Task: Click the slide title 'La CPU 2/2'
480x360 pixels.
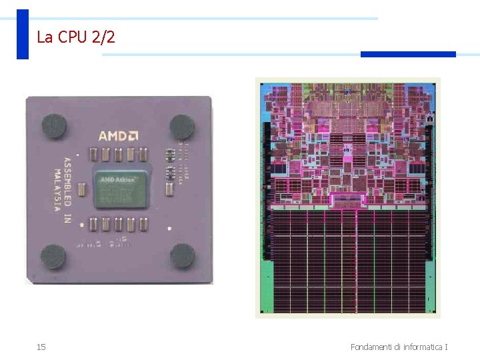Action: coord(76,37)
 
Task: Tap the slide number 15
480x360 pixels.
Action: coord(41,347)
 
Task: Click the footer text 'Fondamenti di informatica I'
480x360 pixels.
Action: coord(399,347)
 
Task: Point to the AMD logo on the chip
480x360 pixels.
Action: coord(118,136)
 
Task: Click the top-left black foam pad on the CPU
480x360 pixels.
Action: coord(54,125)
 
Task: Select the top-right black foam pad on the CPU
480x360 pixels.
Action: coord(181,126)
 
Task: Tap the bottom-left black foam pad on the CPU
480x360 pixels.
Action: coord(53,257)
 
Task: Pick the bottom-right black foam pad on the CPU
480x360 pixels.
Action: coord(182,255)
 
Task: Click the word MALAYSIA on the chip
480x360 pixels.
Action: coord(58,189)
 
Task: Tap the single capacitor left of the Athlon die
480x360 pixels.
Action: coord(81,189)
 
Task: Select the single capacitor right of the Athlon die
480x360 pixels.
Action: coord(169,189)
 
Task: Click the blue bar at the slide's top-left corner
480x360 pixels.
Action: coord(23,34)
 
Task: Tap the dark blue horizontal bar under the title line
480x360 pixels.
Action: coord(408,54)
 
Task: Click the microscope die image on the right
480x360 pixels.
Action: coord(347,197)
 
